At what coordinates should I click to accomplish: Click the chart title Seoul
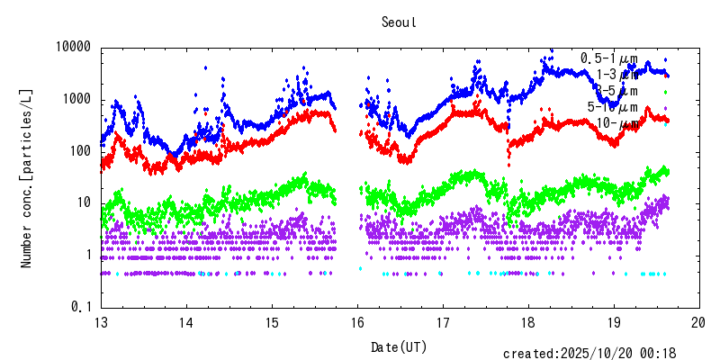(x=399, y=23)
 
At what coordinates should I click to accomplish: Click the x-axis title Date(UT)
(x=400, y=346)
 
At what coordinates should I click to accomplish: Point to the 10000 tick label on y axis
(x=74, y=47)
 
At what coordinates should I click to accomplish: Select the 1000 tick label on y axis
(x=77, y=99)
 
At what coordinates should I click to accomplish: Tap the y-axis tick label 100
(x=81, y=151)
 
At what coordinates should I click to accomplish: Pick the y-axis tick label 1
(x=88, y=255)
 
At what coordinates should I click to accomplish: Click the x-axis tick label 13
(x=101, y=323)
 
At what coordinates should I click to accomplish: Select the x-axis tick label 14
(x=186, y=323)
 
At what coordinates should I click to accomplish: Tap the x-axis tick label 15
(x=272, y=323)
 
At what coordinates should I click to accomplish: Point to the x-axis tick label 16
(x=357, y=323)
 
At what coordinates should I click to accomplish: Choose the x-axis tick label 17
(x=443, y=323)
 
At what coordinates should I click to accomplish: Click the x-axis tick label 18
(x=528, y=323)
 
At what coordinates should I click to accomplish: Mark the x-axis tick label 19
(x=614, y=323)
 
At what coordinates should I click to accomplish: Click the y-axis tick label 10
(x=85, y=203)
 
